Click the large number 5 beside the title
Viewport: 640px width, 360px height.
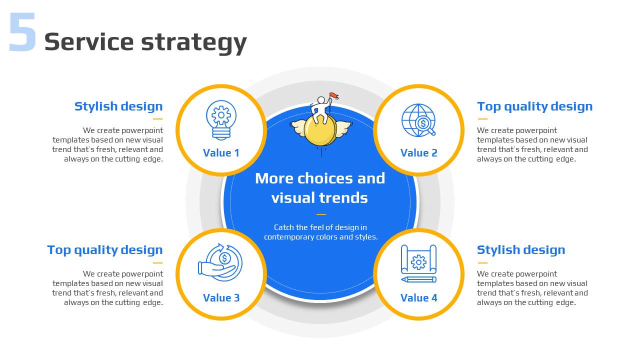(x=22, y=31)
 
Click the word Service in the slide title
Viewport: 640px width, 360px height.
(x=89, y=41)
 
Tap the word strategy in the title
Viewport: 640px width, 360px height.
(x=194, y=43)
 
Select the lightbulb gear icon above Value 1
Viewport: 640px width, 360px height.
(x=221, y=120)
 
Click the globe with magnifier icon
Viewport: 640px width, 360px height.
(x=418, y=120)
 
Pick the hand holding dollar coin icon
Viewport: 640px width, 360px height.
(x=220, y=262)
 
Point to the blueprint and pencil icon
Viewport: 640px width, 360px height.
(x=418, y=263)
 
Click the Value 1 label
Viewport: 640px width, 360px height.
(x=221, y=153)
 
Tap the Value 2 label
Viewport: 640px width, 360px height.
(x=419, y=153)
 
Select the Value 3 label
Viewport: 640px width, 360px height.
(x=221, y=297)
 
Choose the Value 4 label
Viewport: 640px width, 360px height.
(x=419, y=297)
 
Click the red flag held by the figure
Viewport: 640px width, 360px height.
(x=334, y=96)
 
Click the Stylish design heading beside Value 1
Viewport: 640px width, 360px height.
(x=118, y=106)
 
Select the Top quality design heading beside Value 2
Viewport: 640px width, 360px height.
(x=535, y=107)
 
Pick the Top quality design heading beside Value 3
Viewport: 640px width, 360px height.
(x=105, y=250)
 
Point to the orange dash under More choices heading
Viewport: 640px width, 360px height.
(x=321, y=214)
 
